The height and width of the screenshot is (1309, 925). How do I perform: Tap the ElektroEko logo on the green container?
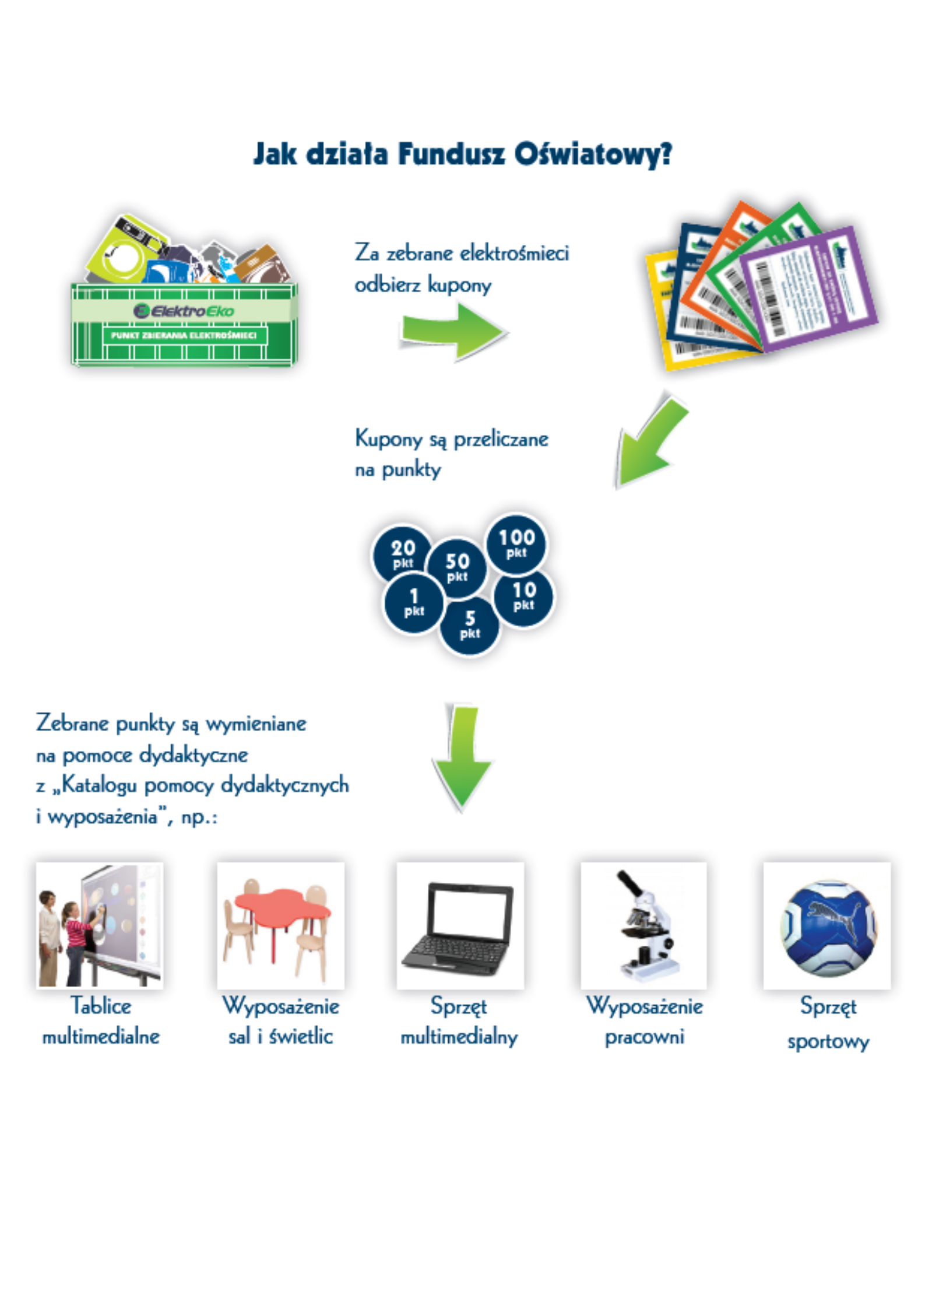tap(184, 311)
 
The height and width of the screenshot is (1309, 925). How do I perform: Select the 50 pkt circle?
tap(457, 567)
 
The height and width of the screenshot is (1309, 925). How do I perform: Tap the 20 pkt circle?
tap(402, 553)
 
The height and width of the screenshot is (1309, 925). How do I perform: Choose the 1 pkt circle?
tap(413, 603)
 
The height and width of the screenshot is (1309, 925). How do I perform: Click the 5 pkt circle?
tap(470, 626)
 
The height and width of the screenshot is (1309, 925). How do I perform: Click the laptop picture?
tap(460, 925)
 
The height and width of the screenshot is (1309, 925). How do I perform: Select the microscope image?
tap(644, 925)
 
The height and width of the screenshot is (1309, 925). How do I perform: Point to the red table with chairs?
tap(281, 925)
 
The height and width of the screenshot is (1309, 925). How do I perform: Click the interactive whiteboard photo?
tap(100, 925)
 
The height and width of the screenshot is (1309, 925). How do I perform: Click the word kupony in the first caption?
tap(459, 286)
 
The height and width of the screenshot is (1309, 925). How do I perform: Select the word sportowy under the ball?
tap(828, 1041)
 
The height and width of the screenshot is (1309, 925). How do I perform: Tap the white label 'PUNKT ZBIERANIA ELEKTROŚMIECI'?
tap(184, 335)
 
